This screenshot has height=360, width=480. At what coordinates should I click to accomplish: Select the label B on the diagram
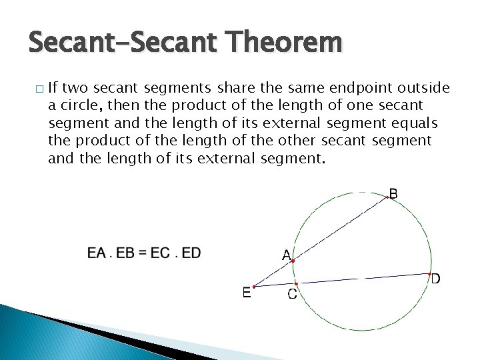pos(394,194)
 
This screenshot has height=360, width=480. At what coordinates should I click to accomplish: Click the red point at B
pos(387,197)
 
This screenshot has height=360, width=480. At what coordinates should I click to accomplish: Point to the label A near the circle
pos(286,255)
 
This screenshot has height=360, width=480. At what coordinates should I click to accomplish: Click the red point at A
pos(293,261)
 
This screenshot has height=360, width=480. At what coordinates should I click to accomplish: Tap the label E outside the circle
pos(247,293)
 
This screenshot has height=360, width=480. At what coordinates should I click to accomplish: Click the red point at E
pos(255,287)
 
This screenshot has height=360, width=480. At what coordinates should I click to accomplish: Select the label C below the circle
pos(293,294)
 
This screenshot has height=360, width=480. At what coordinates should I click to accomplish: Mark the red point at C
pos(296,283)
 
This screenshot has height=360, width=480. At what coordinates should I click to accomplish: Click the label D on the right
pos(435,279)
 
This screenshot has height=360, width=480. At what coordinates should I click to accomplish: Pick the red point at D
pos(429,273)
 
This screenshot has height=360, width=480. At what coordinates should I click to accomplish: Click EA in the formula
pos(97,253)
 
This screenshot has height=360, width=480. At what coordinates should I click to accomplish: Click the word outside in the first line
pos(420,89)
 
